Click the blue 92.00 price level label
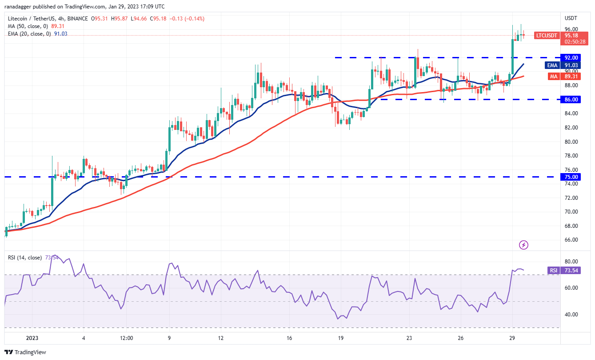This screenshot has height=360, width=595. tap(571, 57)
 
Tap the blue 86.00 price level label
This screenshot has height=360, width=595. tap(571, 100)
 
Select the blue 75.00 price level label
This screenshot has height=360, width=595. tap(571, 177)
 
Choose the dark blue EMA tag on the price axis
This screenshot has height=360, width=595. tap(552, 65)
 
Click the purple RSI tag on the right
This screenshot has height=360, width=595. tap(553, 270)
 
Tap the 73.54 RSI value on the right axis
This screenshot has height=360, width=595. tap(571, 270)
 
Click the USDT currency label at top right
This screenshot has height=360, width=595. tap(571, 18)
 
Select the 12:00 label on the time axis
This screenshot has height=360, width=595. tap(127, 338)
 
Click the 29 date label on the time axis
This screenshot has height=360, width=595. tap(512, 338)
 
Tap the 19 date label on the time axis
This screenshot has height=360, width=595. tap(340, 338)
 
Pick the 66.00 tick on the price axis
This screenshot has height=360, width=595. tap(571, 240)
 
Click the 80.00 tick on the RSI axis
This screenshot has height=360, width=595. tap(571, 261)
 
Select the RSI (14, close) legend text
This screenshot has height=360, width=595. tap(25, 258)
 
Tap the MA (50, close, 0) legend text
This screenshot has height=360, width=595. tap(27, 26)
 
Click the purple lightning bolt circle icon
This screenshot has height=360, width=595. tap(524, 245)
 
